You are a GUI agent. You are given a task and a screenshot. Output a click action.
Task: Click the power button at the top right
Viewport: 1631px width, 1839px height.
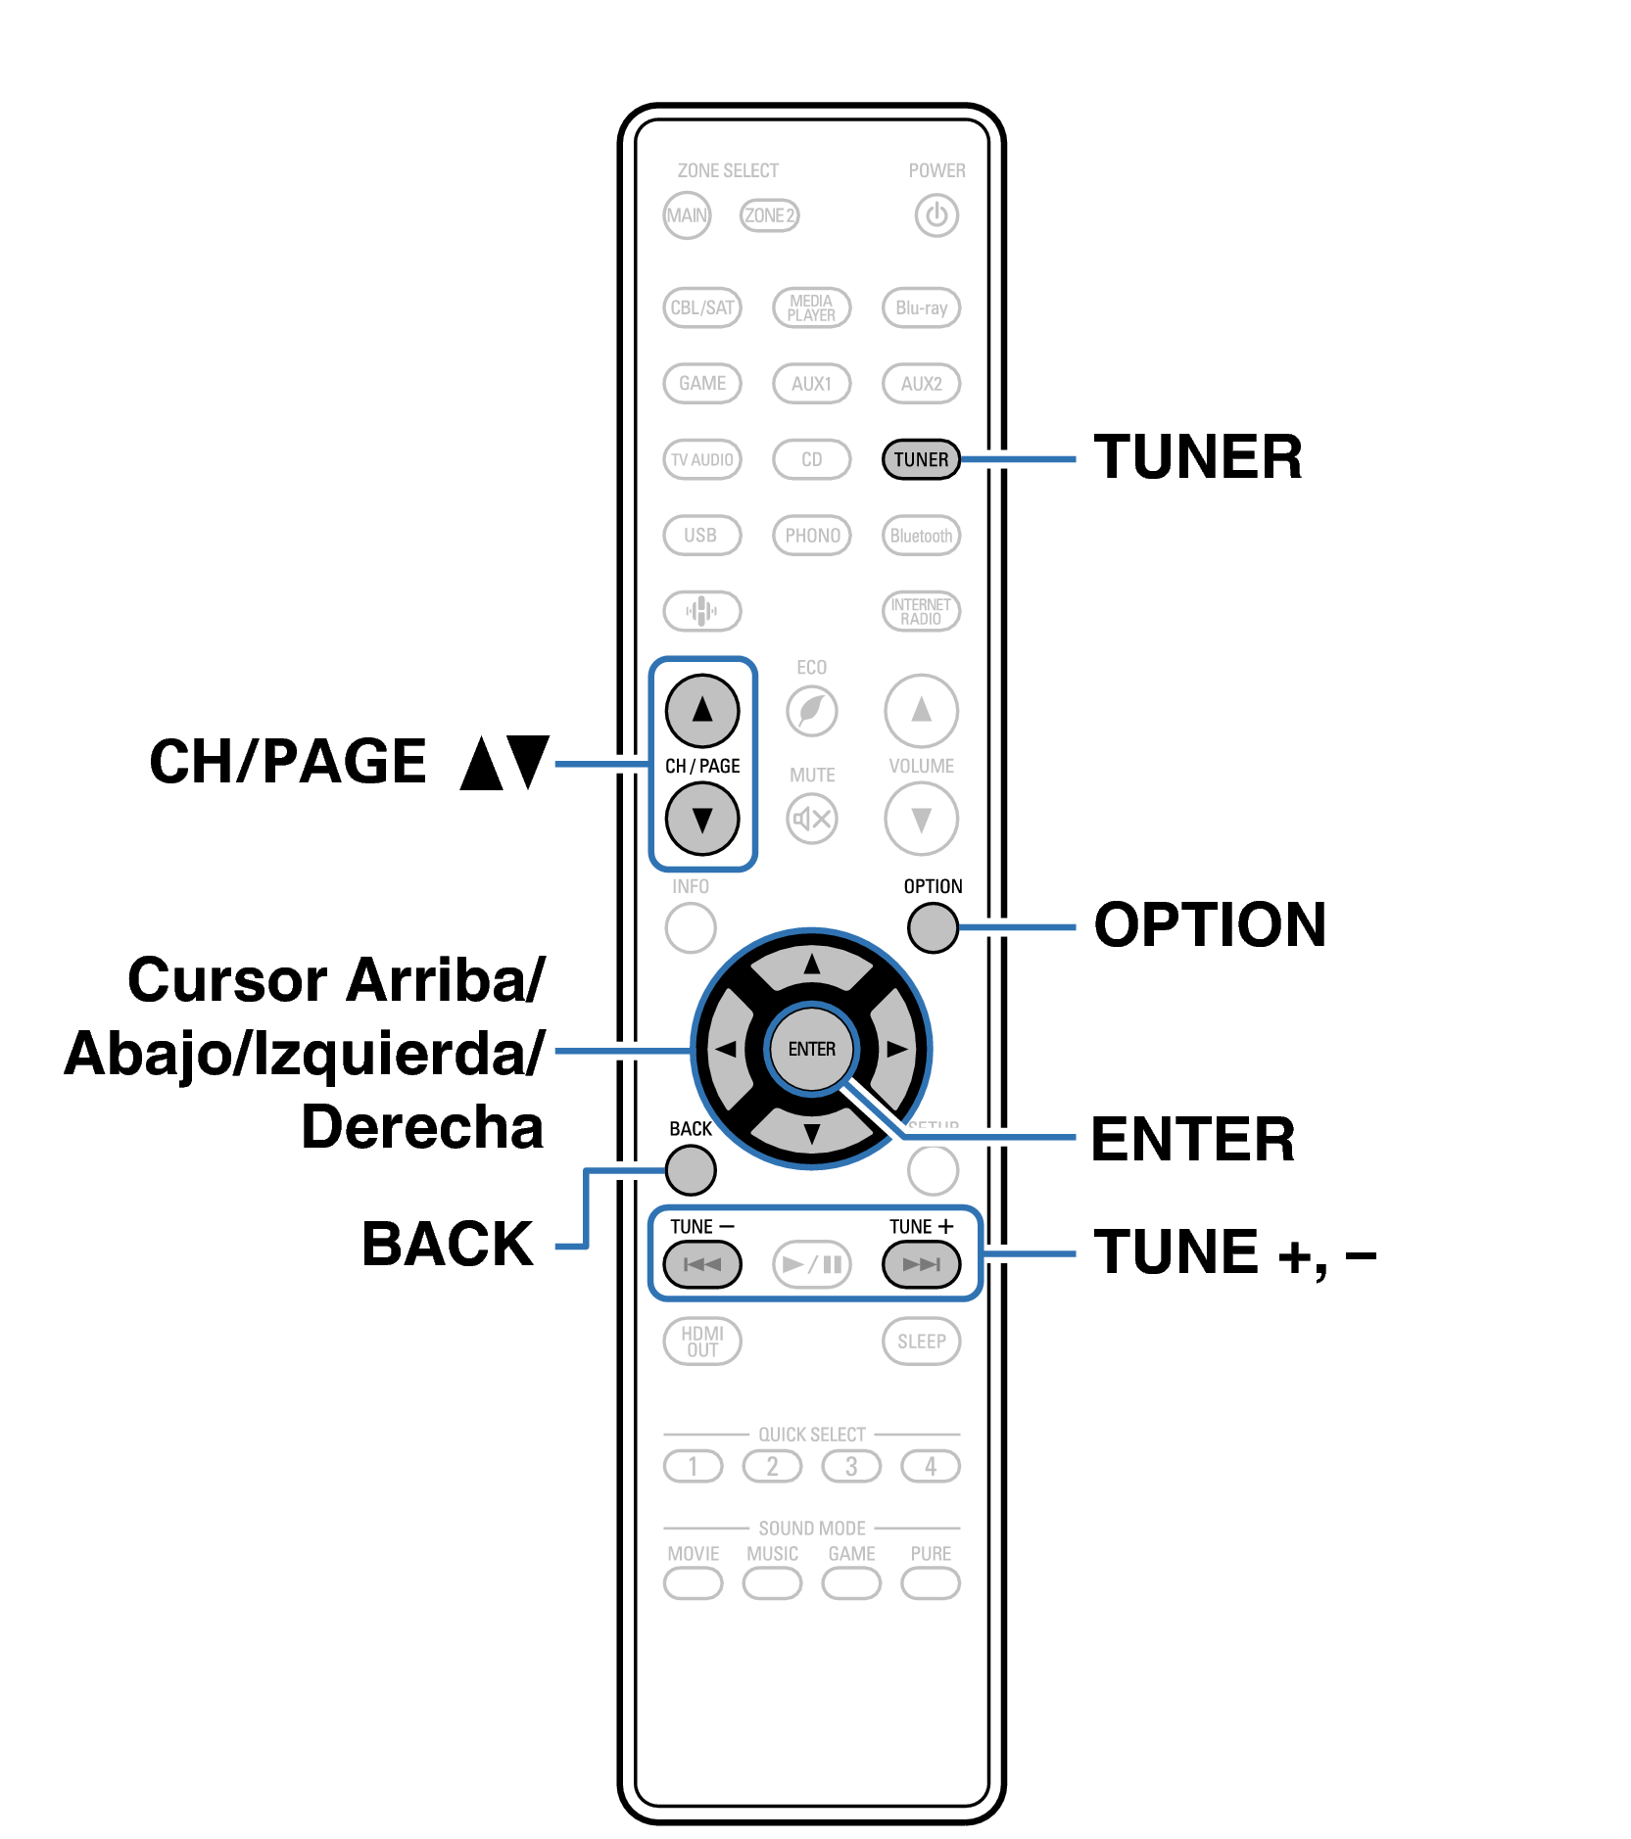pyautogui.click(x=936, y=215)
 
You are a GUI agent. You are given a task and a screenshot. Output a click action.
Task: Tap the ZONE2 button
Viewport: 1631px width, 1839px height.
pyautogui.click(x=769, y=215)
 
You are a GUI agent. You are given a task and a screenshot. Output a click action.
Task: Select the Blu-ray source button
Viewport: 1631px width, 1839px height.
pyautogui.click(x=921, y=307)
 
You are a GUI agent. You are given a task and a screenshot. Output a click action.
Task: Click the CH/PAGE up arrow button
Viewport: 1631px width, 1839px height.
pyautogui.click(x=702, y=710)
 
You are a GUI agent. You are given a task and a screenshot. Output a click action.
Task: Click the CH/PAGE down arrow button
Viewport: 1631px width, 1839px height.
pyautogui.click(x=702, y=819)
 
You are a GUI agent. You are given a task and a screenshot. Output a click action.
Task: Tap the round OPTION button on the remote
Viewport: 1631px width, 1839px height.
pyautogui.click(x=933, y=927)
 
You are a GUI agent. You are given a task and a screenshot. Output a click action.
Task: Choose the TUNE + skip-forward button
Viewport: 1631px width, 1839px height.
pyautogui.click(x=921, y=1263)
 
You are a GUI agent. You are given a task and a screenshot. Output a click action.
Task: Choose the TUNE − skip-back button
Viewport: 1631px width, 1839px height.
pyautogui.click(x=702, y=1263)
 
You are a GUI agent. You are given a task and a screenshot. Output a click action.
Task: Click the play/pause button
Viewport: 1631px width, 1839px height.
pyautogui.click(x=812, y=1263)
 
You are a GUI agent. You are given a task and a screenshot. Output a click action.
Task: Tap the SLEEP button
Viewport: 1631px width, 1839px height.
pyautogui.click(x=921, y=1341)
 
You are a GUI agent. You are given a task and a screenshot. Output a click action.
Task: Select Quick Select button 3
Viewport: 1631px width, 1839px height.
pyautogui.click(x=851, y=1466)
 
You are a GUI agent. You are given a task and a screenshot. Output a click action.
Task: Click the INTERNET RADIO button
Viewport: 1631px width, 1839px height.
pyautogui.click(x=921, y=611)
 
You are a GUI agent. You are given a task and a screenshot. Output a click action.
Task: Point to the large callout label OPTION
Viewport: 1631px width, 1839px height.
pyautogui.click(x=1210, y=924)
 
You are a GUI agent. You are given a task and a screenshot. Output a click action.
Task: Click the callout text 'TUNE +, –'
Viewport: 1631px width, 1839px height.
pyautogui.click(x=1235, y=1252)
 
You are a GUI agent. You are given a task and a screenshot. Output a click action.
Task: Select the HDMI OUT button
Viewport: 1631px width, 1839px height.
pyautogui.click(x=702, y=1341)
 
